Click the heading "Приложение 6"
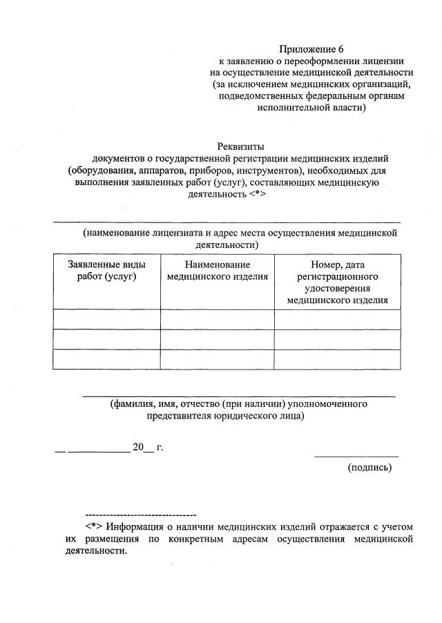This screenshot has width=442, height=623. click(x=311, y=49)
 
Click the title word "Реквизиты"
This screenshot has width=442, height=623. click(x=241, y=146)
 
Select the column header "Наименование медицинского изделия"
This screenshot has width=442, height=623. click(x=218, y=271)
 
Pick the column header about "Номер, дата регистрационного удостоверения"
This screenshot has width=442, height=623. click(x=337, y=282)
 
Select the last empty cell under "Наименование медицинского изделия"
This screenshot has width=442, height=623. click(x=218, y=359)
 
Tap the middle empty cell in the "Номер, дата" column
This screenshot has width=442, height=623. click(x=337, y=339)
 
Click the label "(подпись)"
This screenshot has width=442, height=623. click(x=369, y=468)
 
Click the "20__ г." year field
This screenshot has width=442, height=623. click(x=148, y=447)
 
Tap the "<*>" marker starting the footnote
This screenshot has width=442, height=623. click(x=93, y=526)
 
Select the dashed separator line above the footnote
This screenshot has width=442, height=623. click(x=140, y=515)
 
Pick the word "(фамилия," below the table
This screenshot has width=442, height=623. click(x=133, y=403)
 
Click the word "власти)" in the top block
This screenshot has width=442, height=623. click(x=349, y=108)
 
